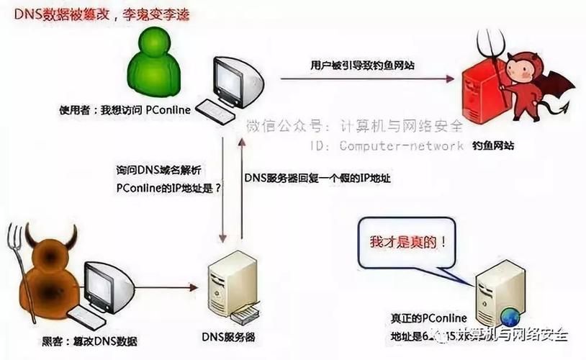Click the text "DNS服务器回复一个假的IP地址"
coord(317,177)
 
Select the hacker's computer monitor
coord(107,284)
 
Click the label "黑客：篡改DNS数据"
coord(86,341)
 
